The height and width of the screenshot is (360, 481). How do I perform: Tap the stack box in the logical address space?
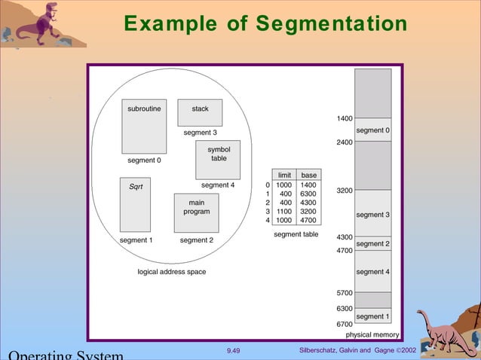[x=200, y=112]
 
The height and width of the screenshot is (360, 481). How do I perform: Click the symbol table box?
[x=218, y=159]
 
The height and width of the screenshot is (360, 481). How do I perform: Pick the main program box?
[x=196, y=213]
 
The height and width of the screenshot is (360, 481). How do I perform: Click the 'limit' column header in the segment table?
[x=284, y=175]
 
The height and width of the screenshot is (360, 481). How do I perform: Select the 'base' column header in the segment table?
[x=309, y=175]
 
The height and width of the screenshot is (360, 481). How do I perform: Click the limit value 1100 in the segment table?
[x=284, y=212]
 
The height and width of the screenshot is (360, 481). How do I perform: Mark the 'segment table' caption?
[x=296, y=235]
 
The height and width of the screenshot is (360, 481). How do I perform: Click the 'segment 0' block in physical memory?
[x=373, y=130]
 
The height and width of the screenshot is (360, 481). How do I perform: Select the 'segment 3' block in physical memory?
[x=373, y=215]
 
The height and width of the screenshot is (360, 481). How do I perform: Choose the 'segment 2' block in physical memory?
[x=373, y=244]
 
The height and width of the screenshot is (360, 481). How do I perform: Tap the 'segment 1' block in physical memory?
[x=373, y=316]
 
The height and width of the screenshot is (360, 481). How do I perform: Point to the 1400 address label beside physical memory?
[x=345, y=119]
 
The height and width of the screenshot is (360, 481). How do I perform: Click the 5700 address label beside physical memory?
[x=345, y=292]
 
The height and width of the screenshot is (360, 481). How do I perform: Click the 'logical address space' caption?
[x=172, y=271]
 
